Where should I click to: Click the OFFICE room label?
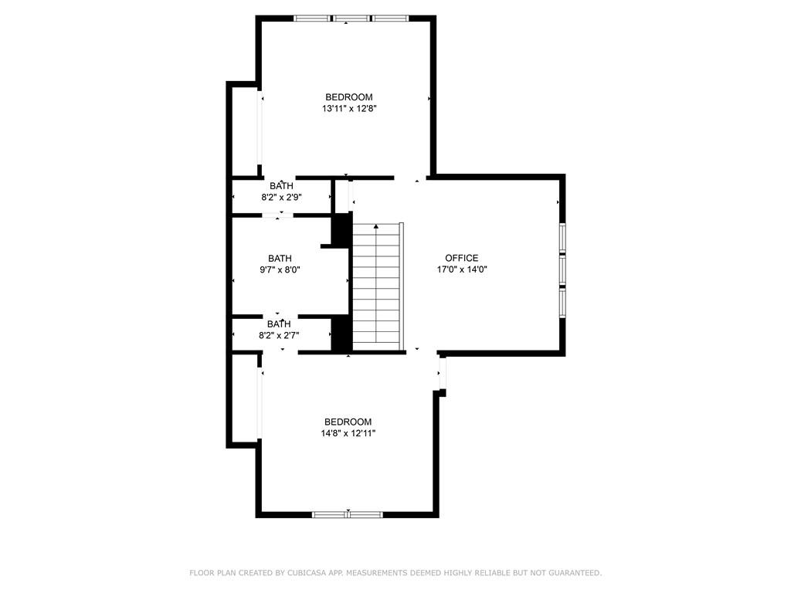click(461, 258)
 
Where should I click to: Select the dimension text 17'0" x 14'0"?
click(461, 269)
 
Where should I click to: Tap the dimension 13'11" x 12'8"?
click(349, 109)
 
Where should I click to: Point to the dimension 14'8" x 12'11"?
click(349, 434)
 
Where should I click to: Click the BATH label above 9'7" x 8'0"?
click(280, 258)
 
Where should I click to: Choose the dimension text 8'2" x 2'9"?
click(280, 197)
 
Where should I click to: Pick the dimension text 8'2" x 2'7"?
click(279, 335)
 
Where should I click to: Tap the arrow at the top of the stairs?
click(376, 227)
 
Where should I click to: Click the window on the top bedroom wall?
click(345, 18)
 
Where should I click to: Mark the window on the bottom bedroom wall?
click(348, 513)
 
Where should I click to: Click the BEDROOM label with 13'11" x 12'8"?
click(349, 97)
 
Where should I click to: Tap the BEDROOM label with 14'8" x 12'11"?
click(348, 422)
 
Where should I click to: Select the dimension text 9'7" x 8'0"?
click(280, 269)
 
